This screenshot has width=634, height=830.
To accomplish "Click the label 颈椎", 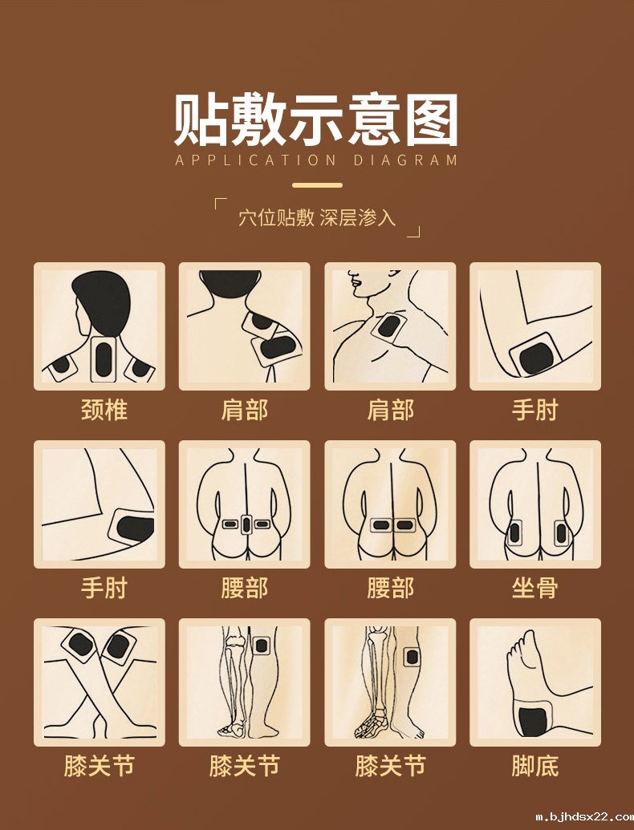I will point(104,411).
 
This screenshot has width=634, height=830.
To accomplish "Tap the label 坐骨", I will point(534,589).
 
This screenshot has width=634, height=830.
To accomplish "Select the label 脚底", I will point(534,767).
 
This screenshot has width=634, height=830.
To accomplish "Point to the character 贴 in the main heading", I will point(203,120).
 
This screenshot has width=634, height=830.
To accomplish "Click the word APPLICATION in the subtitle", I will point(256,160).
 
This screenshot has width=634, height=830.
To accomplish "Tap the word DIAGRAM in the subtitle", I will point(405,160).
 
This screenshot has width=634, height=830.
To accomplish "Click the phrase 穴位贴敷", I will point(275,218).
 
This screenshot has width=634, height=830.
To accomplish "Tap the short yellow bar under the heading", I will point(317,185).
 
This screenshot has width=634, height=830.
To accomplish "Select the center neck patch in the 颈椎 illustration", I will point(103,359).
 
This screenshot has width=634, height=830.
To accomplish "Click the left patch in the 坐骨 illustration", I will point(514,531).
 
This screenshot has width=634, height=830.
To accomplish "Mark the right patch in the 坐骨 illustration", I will point(561,531).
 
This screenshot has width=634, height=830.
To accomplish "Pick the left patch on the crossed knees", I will point(82,643).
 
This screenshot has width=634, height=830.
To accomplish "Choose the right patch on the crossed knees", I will point(119,645).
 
